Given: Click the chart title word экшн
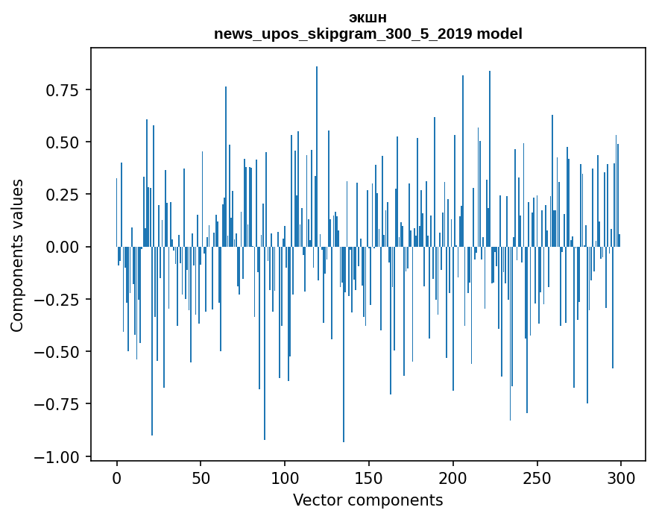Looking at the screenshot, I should tap(368, 19).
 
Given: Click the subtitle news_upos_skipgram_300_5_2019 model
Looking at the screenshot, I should tap(368, 34).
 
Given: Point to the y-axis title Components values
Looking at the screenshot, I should tap(17, 254).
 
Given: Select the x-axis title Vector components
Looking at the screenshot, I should tap(368, 500).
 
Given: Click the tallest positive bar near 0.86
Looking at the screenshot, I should tap(317, 149).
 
